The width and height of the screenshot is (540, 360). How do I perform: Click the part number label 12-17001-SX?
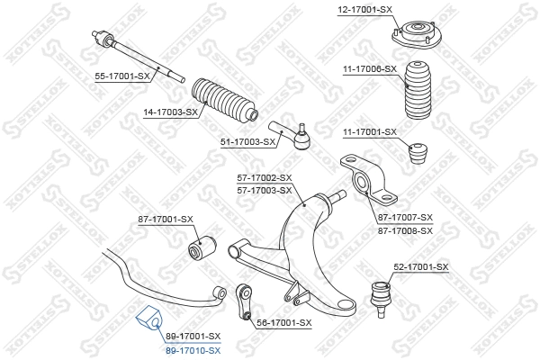(x=365, y=9)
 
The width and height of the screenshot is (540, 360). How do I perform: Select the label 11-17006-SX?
(x=369, y=68)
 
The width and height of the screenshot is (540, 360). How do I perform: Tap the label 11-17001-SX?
(x=369, y=132)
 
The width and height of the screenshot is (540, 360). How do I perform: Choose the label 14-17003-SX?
(x=169, y=112)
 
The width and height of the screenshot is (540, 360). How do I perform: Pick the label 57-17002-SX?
(x=265, y=177)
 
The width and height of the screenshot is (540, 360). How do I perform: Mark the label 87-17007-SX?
(x=405, y=218)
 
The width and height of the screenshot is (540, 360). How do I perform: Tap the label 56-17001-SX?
(x=283, y=322)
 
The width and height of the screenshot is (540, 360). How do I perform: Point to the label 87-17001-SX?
(x=166, y=219)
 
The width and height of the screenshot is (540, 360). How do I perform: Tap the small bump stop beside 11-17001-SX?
(x=418, y=153)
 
